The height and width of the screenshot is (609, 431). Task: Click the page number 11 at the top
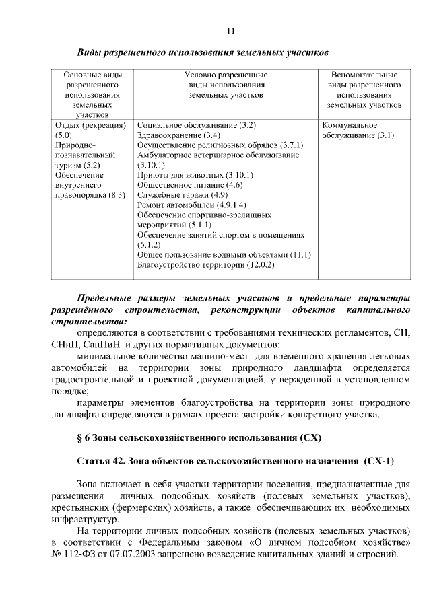click(x=230, y=30)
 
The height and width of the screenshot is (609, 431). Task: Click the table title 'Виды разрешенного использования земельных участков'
click(x=202, y=52)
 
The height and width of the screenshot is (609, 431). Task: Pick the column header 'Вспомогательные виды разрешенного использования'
click(x=364, y=90)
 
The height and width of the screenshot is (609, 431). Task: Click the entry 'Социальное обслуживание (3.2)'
click(x=196, y=125)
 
